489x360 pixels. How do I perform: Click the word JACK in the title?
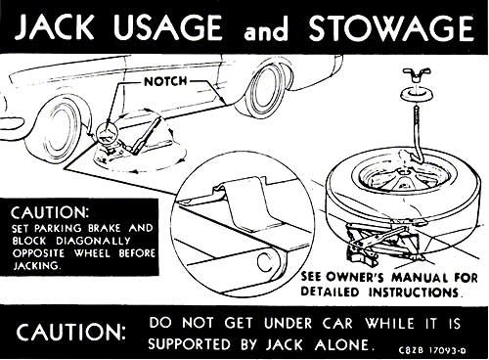(55, 27)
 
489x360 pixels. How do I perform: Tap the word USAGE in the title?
(168, 27)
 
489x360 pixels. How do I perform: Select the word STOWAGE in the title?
(391, 27)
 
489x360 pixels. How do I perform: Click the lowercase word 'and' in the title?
(266, 31)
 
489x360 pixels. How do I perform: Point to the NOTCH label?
(165, 81)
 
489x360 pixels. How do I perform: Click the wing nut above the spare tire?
(417, 74)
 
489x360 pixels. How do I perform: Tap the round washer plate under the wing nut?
(417, 95)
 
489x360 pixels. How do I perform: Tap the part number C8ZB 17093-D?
(432, 350)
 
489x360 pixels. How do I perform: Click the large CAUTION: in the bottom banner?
(71, 333)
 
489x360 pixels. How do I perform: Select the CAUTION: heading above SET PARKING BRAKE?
(50, 212)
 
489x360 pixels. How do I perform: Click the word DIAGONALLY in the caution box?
(93, 242)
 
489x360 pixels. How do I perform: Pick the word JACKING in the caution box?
(37, 266)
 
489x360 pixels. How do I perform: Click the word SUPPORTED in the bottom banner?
(191, 345)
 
